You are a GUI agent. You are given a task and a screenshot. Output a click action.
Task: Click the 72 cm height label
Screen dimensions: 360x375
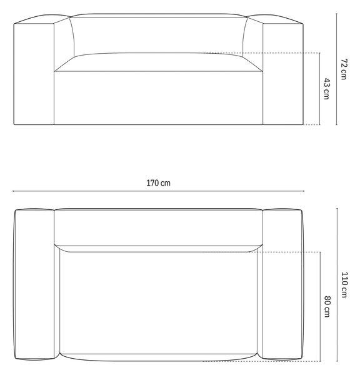(344, 69)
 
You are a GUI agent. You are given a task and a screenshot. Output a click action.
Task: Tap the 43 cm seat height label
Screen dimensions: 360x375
(327, 89)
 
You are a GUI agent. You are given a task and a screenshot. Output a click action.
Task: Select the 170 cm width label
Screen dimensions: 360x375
(158, 183)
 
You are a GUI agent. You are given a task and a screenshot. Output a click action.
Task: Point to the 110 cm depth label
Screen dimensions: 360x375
(344, 284)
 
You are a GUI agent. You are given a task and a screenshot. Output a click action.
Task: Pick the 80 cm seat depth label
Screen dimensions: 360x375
(327, 306)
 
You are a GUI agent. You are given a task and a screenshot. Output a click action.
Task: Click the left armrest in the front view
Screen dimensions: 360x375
(34, 72)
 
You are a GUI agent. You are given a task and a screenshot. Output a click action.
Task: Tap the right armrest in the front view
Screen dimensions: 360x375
(283, 72)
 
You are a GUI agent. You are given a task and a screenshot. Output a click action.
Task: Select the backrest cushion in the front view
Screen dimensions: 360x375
(158, 36)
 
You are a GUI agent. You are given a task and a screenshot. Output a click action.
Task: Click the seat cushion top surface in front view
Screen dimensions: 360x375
(158, 62)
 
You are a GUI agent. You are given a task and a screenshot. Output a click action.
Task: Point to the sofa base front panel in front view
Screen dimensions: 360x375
(158, 98)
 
